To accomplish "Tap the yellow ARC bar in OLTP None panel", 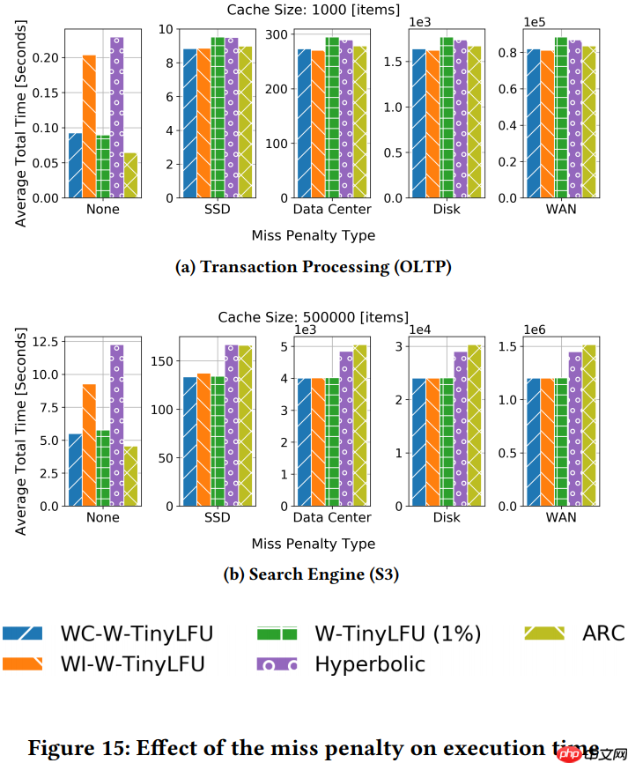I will [130, 175].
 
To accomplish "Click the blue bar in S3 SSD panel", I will [189, 441].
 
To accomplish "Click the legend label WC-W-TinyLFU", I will [137, 633].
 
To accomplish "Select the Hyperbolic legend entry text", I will [370, 663].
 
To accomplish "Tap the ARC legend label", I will [603, 633].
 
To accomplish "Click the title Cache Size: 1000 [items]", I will [313, 10].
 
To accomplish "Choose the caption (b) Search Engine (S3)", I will [313, 574].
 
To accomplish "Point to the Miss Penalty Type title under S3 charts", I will [313, 544].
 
